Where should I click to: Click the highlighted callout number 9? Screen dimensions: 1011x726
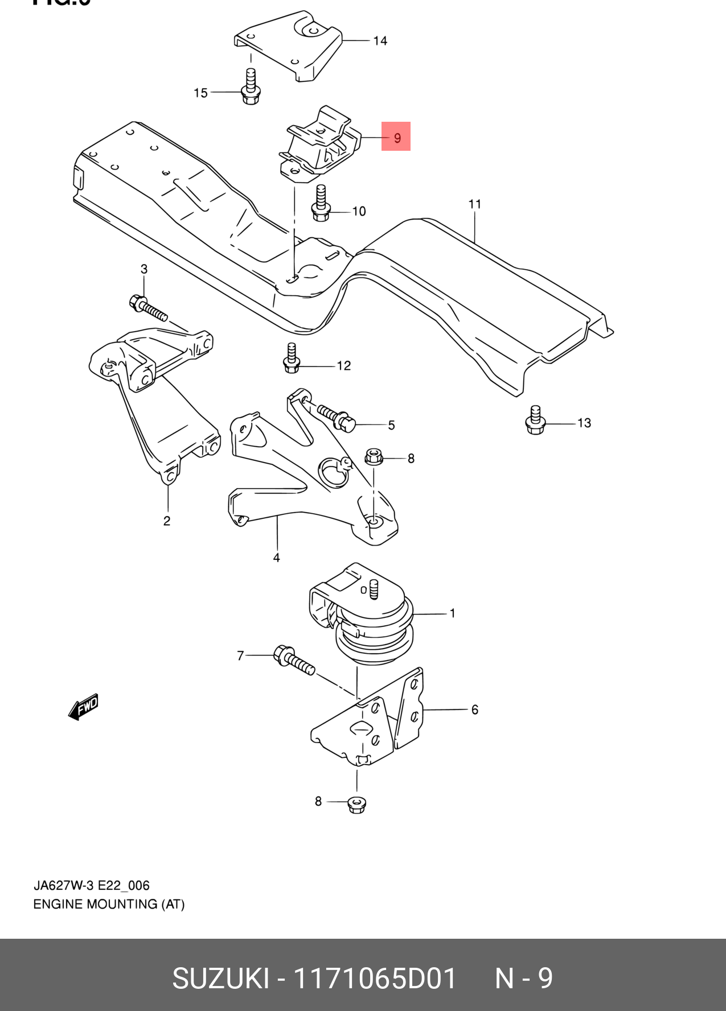pyautogui.click(x=396, y=137)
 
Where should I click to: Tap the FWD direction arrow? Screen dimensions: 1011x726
pyautogui.click(x=84, y=707)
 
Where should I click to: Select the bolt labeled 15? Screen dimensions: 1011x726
pyautogui.click(x=250, y=88)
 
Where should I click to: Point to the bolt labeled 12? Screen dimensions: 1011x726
pyautogui.click(x=292, y=359)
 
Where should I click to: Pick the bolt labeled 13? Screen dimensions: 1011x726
pyautogui.click(x=535, y=420)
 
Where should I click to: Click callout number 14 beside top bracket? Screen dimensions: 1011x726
pyautogui.click(x=380, y=41)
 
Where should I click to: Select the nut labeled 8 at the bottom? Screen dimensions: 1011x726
pyautogui.click(x=357, y=804)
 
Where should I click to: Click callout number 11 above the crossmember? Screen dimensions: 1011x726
pyautogui.click(x=475, y=204)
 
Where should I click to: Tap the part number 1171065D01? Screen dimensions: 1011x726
pyautogui.click(x=374, y=979)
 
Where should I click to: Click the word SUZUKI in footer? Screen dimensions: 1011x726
pyautogui.click(x=220, y=979)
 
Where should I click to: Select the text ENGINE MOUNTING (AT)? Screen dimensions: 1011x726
pyautogui.click(x=109, y=904)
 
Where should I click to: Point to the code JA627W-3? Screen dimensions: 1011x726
pyautogui.click(x=63, y=885)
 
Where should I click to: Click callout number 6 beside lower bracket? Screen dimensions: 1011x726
pyautogui.click(x=474, y=709)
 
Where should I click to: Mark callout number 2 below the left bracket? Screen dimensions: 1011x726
pyautogui.click(x=167, y=521)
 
